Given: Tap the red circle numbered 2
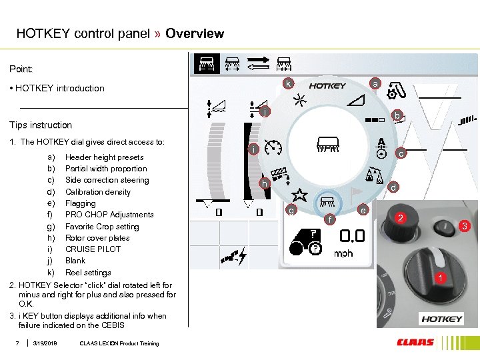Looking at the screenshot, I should pos(401,217).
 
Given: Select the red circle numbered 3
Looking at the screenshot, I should pos(465,227).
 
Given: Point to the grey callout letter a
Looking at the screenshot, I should pos(375,83).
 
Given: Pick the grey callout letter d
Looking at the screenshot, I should pos(393,187).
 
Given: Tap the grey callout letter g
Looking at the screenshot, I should pos(291,211).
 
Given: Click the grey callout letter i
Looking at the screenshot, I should pos(254,149).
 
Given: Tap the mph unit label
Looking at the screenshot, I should pos(343,253).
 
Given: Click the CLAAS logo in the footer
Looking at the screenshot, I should pos(415,343).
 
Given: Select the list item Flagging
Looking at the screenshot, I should pos(80,203).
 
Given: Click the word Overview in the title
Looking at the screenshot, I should pos(195,33).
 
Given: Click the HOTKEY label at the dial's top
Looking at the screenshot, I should pos(327,85).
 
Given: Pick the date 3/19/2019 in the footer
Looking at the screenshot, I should pos(45,343).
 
